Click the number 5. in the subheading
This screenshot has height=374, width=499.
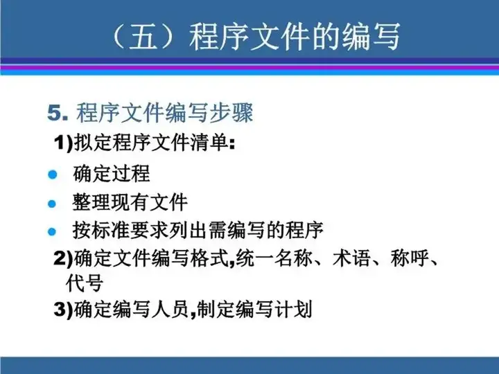(58, 113)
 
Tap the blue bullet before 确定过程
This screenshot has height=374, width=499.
(52, 175)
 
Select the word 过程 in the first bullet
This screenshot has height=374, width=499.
(130, 174)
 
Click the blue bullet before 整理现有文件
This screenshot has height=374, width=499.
(52, 204)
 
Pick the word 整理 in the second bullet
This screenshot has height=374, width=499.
(91, 202)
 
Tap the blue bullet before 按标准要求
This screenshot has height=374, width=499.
(52, 231)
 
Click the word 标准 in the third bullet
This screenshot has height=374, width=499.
(111, 230)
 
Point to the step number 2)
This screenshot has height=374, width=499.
(64, 258)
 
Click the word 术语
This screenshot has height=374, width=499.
(351, 258)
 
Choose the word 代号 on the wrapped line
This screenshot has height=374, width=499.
(85, 283)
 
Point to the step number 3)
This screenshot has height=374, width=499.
(64, 309)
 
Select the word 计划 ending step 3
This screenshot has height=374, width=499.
(293, 308)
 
